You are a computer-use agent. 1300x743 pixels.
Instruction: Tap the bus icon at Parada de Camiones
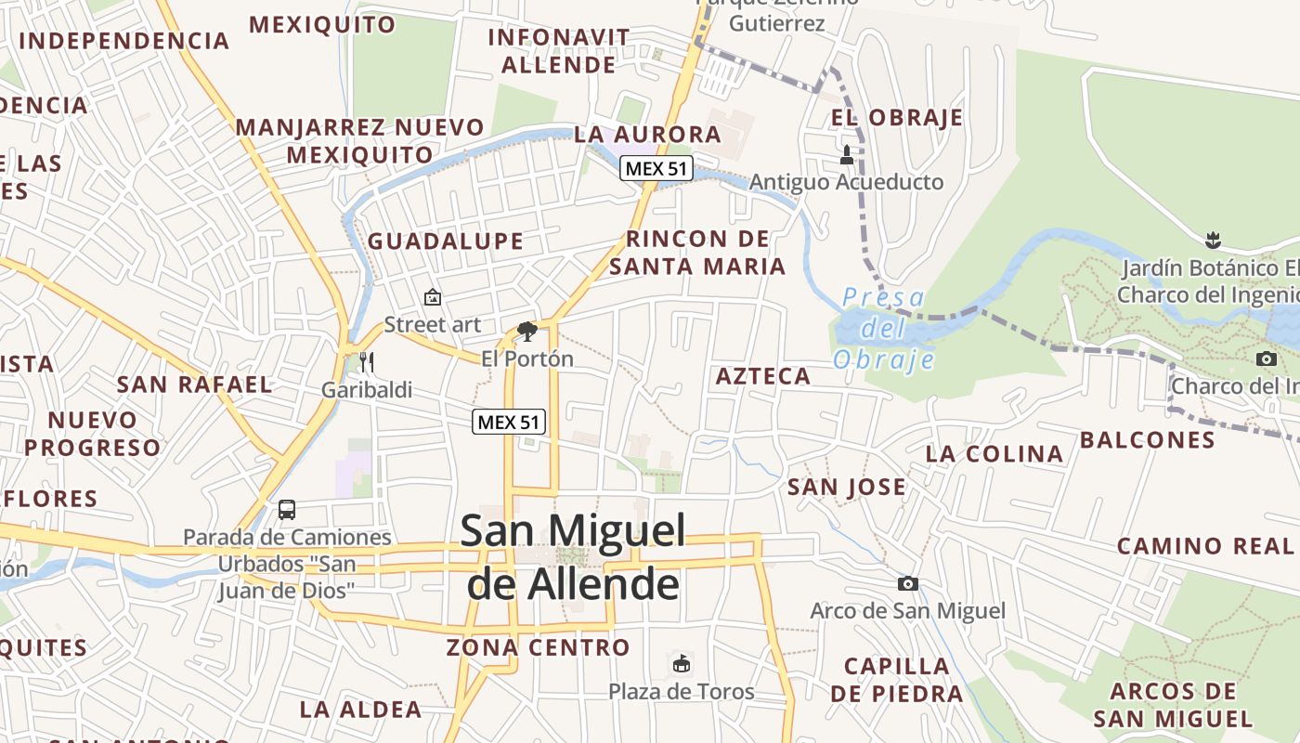coord(287,509)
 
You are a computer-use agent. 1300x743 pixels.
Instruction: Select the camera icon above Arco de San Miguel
coord(908,583)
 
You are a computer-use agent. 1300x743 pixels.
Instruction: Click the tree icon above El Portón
coord(527,331)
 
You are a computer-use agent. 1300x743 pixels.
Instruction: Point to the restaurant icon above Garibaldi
coord(367,361)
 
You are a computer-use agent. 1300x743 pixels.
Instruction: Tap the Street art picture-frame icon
coord(432,297)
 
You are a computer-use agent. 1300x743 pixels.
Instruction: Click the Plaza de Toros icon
coord(682,663)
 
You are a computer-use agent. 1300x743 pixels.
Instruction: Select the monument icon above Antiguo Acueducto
coord(846,154)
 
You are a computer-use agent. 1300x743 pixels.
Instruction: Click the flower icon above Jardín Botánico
coord(1212,241)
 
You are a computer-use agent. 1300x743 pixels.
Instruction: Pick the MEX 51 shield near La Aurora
coord(657,168)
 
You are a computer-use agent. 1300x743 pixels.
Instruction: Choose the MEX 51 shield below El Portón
coord(508,422)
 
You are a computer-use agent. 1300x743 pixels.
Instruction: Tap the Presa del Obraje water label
coord(882,328)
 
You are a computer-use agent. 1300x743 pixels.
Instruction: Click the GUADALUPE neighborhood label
coord(446,241)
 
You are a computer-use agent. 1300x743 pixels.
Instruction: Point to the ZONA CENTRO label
coord(539,647)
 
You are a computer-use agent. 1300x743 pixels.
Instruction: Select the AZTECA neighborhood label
coord(763,376)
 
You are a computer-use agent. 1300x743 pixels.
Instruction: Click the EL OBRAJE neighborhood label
coord(897,118)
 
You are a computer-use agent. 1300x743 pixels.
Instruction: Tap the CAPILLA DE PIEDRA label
coord(897,680)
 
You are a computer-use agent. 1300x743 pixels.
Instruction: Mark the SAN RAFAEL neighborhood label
coord(194,385)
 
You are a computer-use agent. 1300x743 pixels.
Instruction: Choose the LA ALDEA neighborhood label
coord(360,710)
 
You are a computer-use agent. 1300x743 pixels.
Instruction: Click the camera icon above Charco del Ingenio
coord(1266,358)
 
